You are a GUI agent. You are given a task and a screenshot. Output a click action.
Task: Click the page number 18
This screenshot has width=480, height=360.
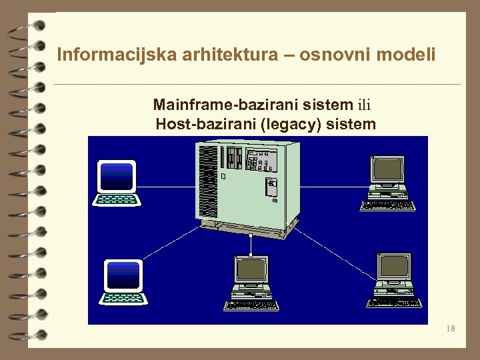[x=451, y=329]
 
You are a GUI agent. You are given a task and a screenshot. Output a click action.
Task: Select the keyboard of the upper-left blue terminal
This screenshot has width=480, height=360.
[x=117, y=199]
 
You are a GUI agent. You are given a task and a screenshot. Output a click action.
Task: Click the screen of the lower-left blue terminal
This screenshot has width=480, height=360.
[x=123, y=274]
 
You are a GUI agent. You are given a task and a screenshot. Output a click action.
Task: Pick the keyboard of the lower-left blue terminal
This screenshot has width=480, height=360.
[x=123, y=297]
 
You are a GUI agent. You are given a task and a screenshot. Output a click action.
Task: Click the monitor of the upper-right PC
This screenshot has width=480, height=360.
[x=388, y=169]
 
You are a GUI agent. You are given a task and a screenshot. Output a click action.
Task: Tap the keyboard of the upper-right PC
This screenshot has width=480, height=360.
[x=387, y=205]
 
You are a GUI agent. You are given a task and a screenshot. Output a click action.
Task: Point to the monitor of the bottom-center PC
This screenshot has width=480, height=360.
[x=251, y=270]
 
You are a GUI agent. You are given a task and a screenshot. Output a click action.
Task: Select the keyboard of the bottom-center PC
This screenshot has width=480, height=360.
[x=251, y=305]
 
